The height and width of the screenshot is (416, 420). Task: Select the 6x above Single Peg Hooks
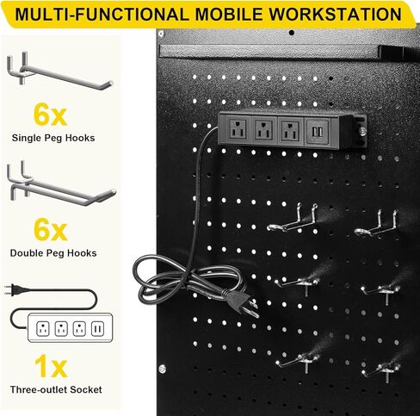pyautogui.click(x=52, y=115)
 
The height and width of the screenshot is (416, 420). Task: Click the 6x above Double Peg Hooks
pyautogui.click(x=52, y=230)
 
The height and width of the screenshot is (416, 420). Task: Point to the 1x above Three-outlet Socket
pyautogui.click(x=52, y=368)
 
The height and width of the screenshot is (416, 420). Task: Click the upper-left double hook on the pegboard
pyautogui.click(x=290, y=220)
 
